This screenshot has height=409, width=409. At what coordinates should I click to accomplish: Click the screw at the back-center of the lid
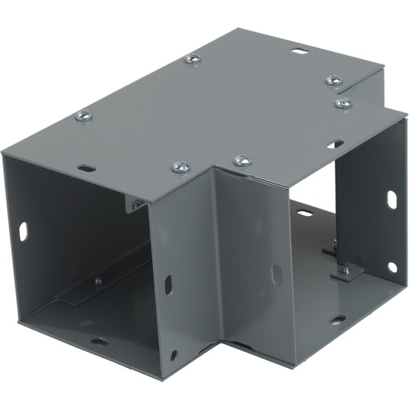pyautogui.click(x=193, y=59)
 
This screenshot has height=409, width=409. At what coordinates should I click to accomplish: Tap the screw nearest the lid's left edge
pyautogui.click(x=84, y=117)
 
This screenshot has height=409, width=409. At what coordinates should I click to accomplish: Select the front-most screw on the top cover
pyautogui.click(x=179, y=169)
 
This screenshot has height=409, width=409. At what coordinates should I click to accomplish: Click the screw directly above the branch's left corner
pyautogui.click(x=242, y=160)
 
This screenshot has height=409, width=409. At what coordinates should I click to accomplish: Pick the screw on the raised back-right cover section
pyautogui.click(x=334, y=80)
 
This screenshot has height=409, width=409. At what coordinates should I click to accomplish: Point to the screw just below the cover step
pyautogui.click(x=344, y=104)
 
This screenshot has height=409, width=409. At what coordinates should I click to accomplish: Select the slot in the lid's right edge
pyautogui.click(x=335, y=145)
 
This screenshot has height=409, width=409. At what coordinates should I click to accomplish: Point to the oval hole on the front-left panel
pyautogui.click(x=169, y=285)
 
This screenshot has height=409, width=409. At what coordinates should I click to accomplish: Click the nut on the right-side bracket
pyautogui.click(x=344, y=268)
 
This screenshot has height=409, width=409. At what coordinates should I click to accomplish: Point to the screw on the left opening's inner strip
pyautogui.click(x=99, y=282)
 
